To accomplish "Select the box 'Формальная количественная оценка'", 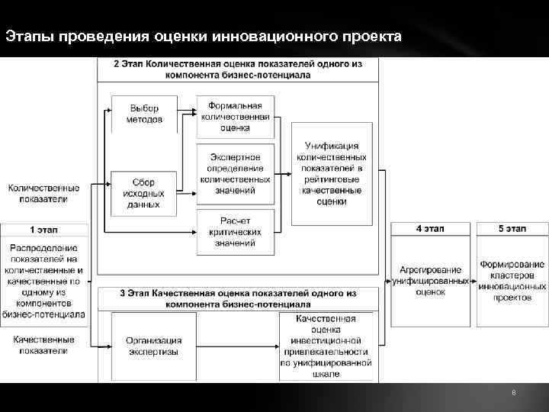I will click(x=236, y=117).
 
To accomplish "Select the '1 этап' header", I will click(x=43, y=229).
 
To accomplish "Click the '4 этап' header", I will click(x=431, y=229).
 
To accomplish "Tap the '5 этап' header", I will click(x=512, y=229).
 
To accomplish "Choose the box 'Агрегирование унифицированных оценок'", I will click(x=431, y=280).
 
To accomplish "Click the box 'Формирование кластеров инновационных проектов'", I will click(x=512, y=280).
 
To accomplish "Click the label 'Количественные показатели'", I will click(x=43, y=193).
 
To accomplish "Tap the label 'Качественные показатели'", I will click(x=43, y=345).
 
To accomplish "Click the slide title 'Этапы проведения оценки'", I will click(x=201, y=36).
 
